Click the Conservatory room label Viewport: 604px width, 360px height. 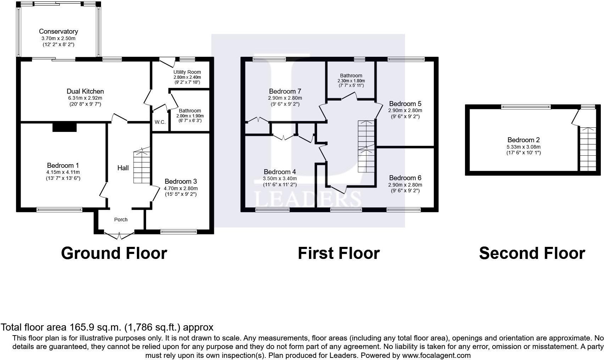tap(58, 32)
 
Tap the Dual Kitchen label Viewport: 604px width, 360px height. tap(85, 91)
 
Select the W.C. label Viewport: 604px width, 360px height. tap(160, 122)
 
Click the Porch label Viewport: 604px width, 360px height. tap(121, 220)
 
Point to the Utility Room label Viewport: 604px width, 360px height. tap(187, 72)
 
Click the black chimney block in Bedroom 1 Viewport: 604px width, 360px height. tap(65, 127)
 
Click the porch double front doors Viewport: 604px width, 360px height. tap(119, 236)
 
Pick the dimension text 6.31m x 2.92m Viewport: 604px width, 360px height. tap(85, 98)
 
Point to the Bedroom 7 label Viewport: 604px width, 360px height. tap(285, 91)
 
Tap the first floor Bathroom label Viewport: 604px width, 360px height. tap(351, 76)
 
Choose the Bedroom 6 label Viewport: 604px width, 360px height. tap(405, 178)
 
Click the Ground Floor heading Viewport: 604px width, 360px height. tap(114, 253)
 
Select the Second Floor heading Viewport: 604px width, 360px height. tap(532, 253)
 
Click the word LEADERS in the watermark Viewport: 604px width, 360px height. tap(308, 200)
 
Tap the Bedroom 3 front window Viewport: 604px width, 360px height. tap(178, 232)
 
